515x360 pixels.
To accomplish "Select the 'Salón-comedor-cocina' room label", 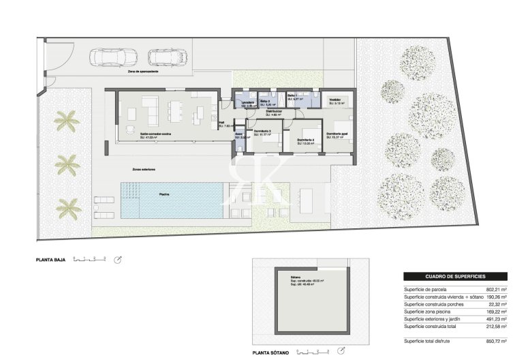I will [x=155, y=134].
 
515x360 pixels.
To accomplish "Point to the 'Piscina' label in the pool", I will [x=165, y=194].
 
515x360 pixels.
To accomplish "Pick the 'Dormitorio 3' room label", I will [x=262, y=131].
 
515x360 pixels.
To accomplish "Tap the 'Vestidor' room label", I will [x=334, y=100].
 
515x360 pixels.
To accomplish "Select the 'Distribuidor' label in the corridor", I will [x=274, y=111].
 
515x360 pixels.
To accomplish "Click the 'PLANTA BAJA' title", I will [x=51, y=260].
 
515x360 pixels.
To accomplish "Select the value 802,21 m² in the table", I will [x=496, y=290].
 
